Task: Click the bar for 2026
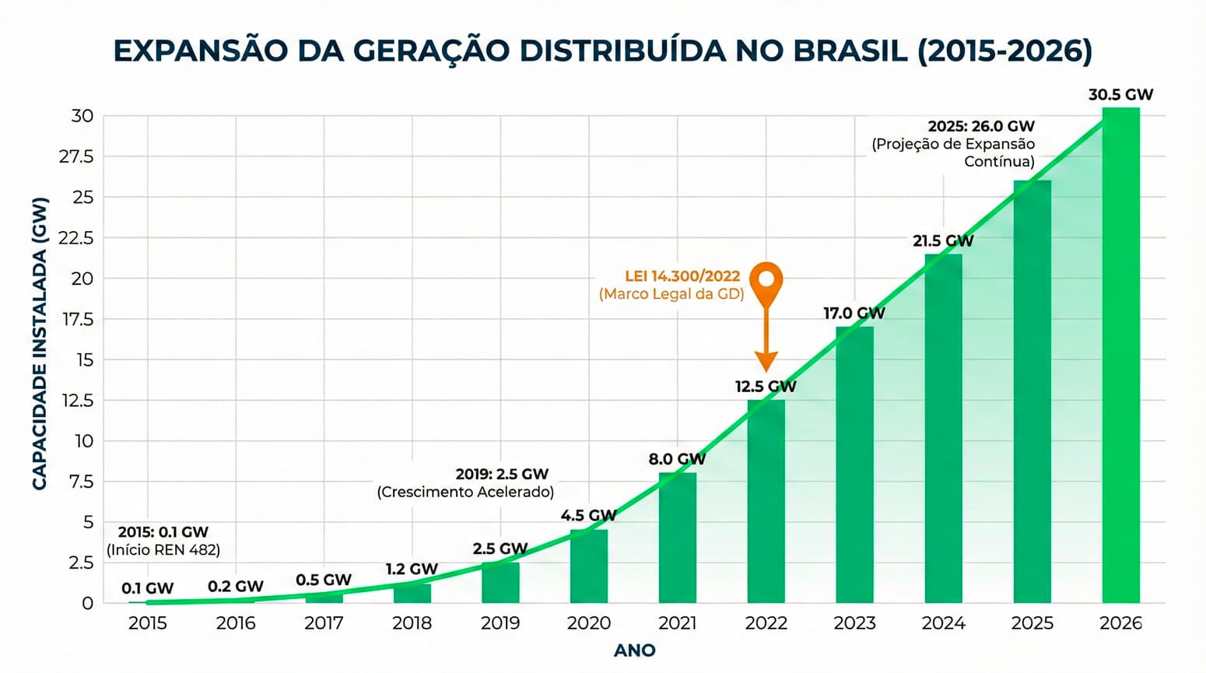[x=1120, y=358]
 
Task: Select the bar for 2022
[x=766, y=502]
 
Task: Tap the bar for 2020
[x=588, y=566]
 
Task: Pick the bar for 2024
[x=943, y=428]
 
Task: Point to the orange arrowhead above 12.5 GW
[x=766, y=362]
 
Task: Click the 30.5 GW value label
[x=1120, y=95]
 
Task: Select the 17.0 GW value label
[x=854, y=314]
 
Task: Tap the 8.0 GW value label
[x=677, y=459]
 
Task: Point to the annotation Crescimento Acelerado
[x=465, y=492]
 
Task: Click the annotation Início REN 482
[x=163, y=550]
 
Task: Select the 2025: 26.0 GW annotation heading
[x=981, y=126]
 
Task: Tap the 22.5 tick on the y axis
[x=75, y=238]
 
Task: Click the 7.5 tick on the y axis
[x=81, y=482]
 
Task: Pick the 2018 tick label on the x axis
[x=412, y=623]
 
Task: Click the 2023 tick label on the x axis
[x=854, y=623]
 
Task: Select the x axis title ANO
[x=634, y=650]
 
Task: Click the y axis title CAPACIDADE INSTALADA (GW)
[x=40, y=342]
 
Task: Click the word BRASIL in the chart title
[x=850, y=51]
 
